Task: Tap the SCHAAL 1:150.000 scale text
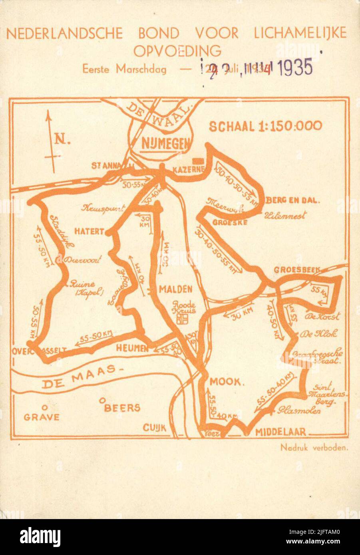pos(265,126)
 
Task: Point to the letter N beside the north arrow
pos(61,139)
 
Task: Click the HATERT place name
pos(89,231)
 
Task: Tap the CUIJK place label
pos(154,428)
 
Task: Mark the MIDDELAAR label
pos(280,432)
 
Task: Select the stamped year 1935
pos(295,68)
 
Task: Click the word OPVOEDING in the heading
pos(177,51)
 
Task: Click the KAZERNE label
pos(189,170)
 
